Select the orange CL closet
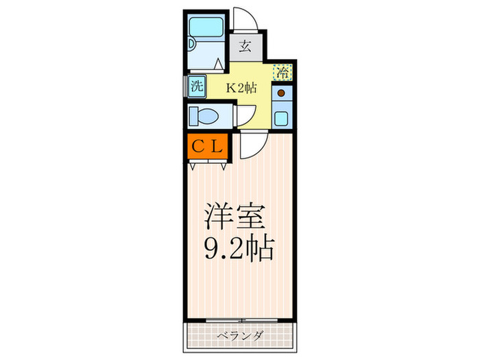207,147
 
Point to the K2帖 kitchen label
241,87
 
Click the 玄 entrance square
245,47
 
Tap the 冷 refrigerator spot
282,71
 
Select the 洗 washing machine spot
196,87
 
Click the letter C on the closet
197,147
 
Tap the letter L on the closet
216,147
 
